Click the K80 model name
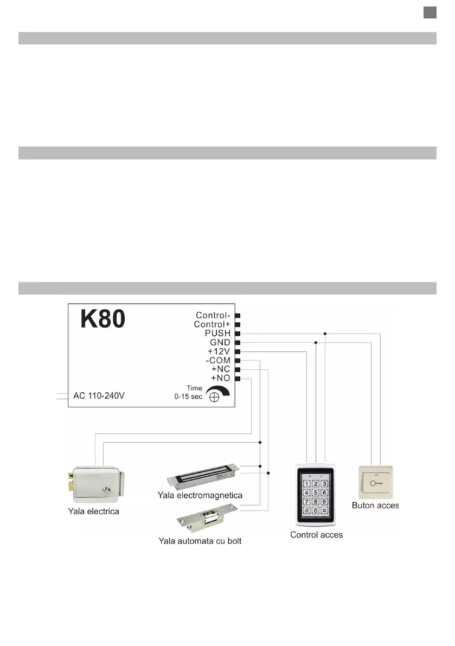103,319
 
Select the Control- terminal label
213,315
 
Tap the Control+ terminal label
212,324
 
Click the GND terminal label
220,343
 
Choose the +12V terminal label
219,351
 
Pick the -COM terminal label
218,360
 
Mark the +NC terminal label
221,369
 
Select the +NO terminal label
221,378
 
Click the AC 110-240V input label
99,395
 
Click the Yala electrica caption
93,511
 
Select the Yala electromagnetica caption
200,495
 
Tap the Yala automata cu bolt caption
200,541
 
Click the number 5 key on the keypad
316,493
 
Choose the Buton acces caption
375,506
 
